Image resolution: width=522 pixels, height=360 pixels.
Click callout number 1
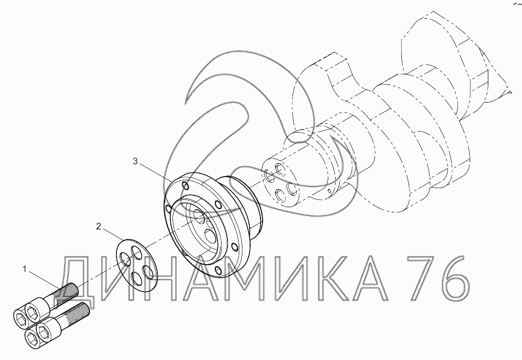pos(24,269)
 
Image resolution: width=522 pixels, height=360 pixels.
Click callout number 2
pos(98,227)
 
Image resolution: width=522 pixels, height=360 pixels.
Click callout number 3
pos(135,162)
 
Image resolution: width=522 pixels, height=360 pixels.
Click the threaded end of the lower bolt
pos(78,313)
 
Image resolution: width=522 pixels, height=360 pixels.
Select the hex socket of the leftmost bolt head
pos(19,316)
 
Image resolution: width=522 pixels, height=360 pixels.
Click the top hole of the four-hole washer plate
pos(136,252)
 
